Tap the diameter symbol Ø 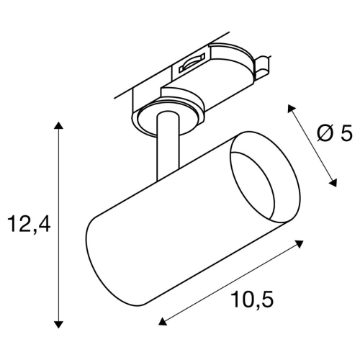pyautogui.click(x=324, y=132)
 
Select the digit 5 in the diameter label pyautogui.click(x=346, y=132)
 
